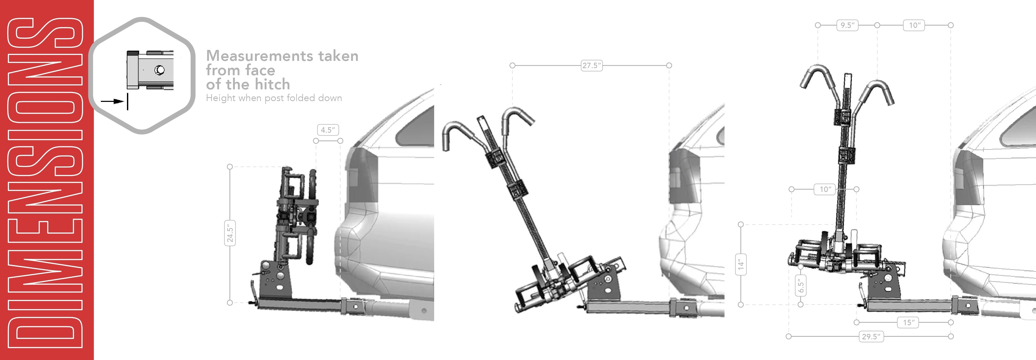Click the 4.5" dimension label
point(328,130)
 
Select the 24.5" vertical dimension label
point(230,233)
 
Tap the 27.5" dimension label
point(592,65)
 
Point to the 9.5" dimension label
point(847,25)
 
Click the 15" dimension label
point(908,322)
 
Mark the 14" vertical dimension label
point(741,264)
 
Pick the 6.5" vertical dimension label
point(800,285)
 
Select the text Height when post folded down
point(274,98)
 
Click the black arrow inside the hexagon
point(112,101)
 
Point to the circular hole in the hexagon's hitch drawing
point(160,70)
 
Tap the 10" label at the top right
point(915,25)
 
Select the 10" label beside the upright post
point(825,189)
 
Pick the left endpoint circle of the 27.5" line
point(512,65)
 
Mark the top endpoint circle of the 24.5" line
point(230,166)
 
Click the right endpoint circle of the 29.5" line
point(951,336)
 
